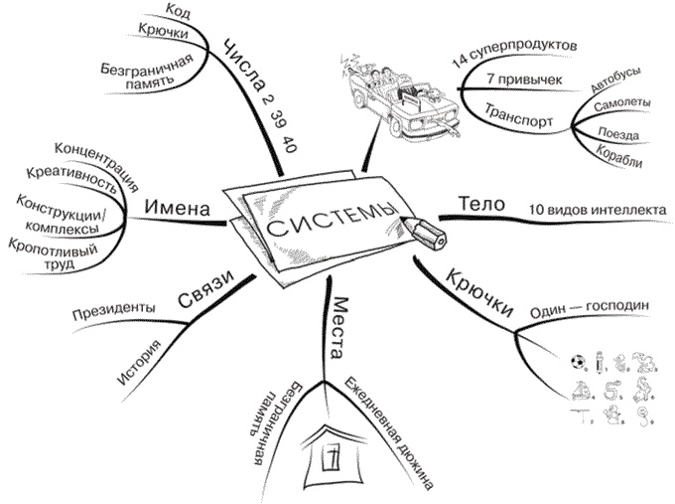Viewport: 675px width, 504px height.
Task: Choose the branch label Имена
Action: click(179, 209)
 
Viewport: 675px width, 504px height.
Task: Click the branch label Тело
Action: click(476, 203)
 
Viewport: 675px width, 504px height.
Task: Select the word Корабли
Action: click(619, 155)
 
